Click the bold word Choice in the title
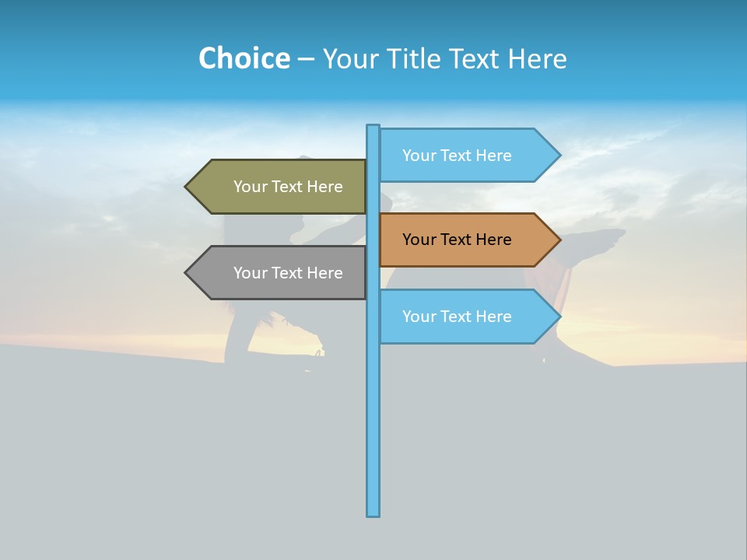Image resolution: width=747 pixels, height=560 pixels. tap(244, 58)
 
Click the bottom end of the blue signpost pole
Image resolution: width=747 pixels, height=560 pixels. tap(373, 513)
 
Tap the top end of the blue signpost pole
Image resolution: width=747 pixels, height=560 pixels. tap(373, 128)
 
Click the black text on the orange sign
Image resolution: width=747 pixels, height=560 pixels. tap(457, 240)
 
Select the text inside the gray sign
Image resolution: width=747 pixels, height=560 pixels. tap(288, 273)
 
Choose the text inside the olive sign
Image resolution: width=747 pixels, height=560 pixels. tap(288, 187)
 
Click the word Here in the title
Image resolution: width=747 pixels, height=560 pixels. tap(537, 58)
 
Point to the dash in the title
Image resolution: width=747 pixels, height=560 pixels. tap(306, 59)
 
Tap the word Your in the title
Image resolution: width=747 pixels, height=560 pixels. tap(349, 58)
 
